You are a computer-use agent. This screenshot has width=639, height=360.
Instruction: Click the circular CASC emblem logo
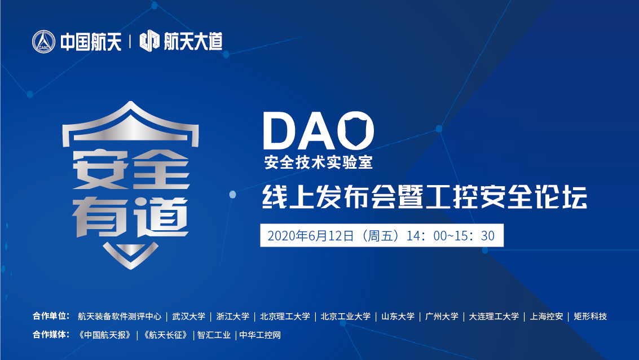(x=43, y=42)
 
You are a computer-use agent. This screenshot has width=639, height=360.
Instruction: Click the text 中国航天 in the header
(x=91, y=42)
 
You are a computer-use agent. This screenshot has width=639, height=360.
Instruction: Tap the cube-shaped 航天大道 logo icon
(x=149, y=41)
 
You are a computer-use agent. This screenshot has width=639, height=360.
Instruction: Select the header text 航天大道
(x=193, y=42)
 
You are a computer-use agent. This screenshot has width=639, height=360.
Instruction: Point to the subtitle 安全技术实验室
(x=318, y=163)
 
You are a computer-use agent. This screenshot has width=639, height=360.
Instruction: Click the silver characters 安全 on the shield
(x=131, y=169)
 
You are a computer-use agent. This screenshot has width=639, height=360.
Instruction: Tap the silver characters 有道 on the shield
(x=130, y=217)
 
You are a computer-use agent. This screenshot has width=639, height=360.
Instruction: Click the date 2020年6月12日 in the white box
(x=311, y=236)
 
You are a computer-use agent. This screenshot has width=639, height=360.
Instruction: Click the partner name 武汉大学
(x=189, y=317)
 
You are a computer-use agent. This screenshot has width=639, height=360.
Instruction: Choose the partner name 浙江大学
(x=233, y=317)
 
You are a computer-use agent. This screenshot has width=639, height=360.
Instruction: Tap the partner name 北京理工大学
(x=285, y=317)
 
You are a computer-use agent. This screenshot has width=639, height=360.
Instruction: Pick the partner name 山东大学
(x=398, y=317)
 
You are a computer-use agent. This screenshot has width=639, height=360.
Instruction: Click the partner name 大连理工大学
(x=494, y=317)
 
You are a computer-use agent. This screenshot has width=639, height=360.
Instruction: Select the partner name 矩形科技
(x=590, y=317)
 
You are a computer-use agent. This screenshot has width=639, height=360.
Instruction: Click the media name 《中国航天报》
(x=105, y=335)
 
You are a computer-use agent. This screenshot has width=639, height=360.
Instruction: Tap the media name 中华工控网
(x=260, y=335)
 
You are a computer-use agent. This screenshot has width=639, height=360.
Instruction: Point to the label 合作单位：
(x=51, y=316)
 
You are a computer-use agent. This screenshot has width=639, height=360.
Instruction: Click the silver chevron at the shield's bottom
(x=130, y=256)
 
